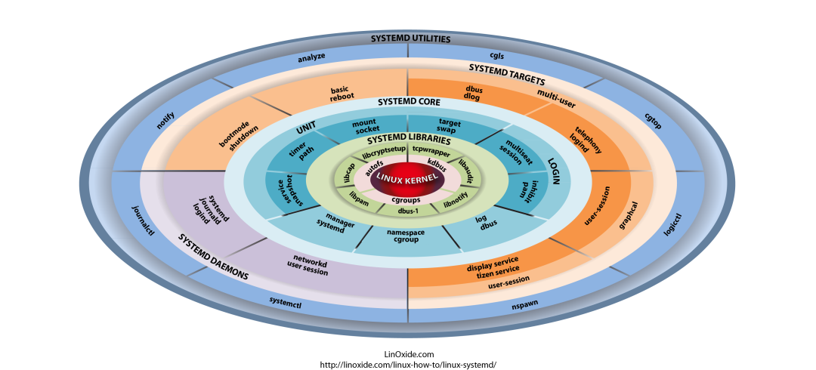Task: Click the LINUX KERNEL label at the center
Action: coord(408,177)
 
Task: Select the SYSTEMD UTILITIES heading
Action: coord(410,39)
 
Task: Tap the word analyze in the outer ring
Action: coord(311,57)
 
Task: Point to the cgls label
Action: coord(496,56)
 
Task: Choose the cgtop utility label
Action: coord(652,121)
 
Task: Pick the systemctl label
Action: coord(286,301)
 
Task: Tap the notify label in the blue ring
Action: coord(165,120)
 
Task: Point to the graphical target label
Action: coord(628,215)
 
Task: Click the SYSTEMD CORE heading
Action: coord(409,102)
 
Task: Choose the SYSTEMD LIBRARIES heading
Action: coord(409,140)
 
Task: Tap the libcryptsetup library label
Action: coord(384,153)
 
